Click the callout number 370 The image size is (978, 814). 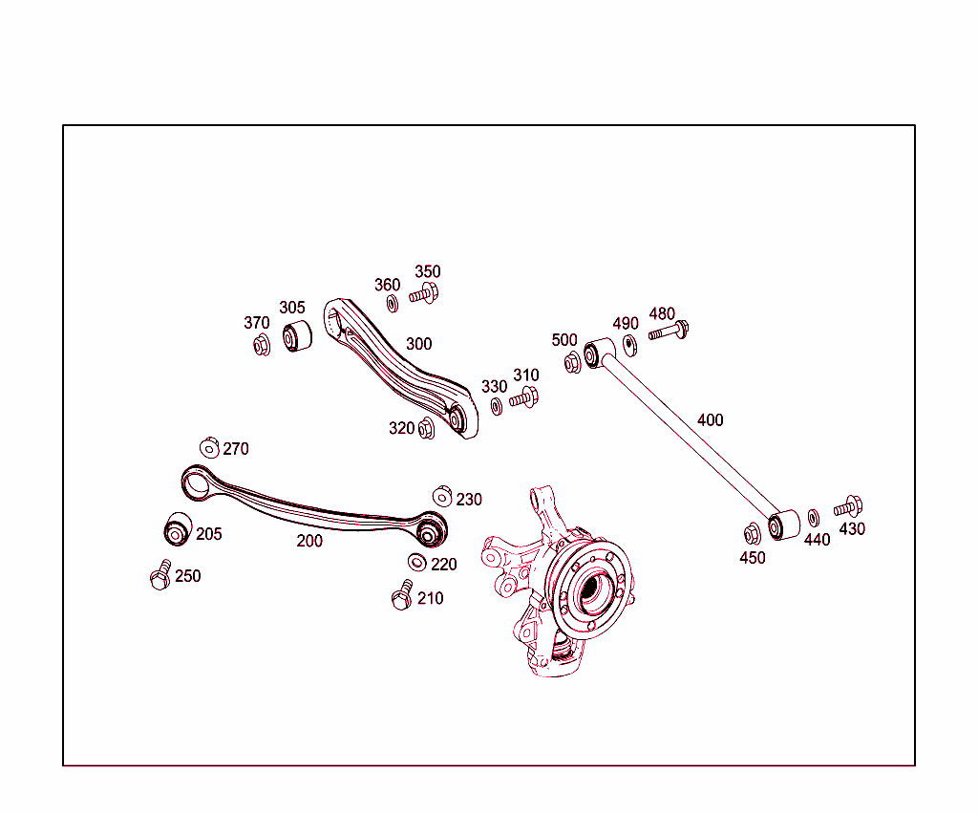pos(257,324)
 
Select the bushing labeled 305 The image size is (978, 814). pos(298,337)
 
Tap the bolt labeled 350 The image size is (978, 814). pos(424,294)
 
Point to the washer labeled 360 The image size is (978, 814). pos(392,303)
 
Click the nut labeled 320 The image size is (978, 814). pos(426,429)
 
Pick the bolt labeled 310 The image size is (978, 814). pos(524,397)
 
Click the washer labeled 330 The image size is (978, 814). pos(497,406)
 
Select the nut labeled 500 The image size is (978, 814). pos(572,363)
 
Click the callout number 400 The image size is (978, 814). pos(710,420)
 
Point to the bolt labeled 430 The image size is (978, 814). pos(848,506)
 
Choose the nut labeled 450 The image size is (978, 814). pos(752,533)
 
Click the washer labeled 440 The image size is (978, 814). pos(814,518)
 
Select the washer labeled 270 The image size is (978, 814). pos(210,447)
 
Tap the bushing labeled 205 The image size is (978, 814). pos(176,530)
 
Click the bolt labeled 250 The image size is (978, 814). pos(160,577)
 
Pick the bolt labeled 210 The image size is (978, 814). pos(402,597)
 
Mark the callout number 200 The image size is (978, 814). pos(309,541)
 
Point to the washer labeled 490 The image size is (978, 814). pos(630,343)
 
